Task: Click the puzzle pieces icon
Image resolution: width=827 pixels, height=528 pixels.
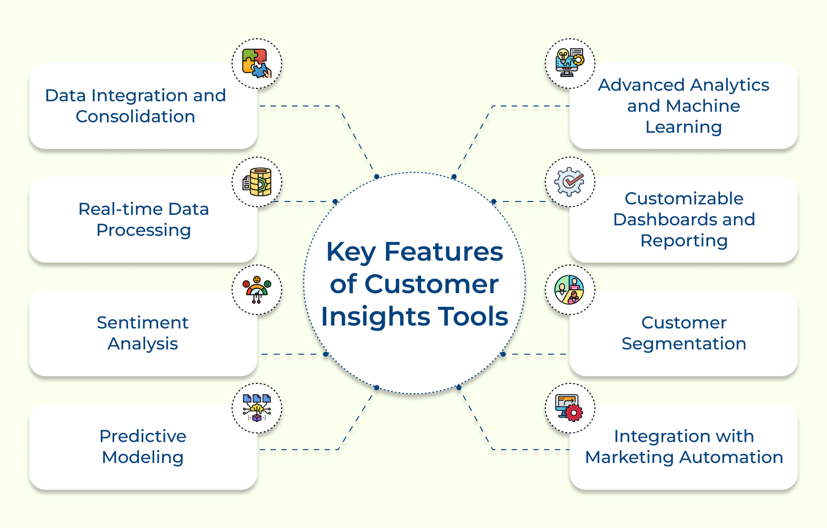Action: (257, 63)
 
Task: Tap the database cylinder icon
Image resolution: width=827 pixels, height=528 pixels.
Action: (257, 182)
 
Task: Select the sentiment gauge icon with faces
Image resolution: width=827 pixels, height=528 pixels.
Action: (257, 290)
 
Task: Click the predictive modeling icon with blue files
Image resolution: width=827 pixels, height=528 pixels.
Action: (257, 408)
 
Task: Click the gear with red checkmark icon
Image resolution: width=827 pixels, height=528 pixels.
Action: (570, 182)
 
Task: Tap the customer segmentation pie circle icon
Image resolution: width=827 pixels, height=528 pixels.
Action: (570, 290)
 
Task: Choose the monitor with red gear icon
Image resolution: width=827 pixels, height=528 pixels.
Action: (570, 408)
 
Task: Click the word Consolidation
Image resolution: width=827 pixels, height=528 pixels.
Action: (135, 117)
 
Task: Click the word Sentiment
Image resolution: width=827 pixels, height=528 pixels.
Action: (143, 323)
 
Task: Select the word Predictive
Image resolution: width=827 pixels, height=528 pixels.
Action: (143, 437)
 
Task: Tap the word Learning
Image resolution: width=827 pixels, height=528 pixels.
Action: (683, 127)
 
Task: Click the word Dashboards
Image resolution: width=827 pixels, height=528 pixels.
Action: (666, 220)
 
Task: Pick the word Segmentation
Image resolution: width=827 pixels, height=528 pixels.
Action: (683, 344)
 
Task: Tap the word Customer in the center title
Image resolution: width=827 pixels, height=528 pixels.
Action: (431, 285)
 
